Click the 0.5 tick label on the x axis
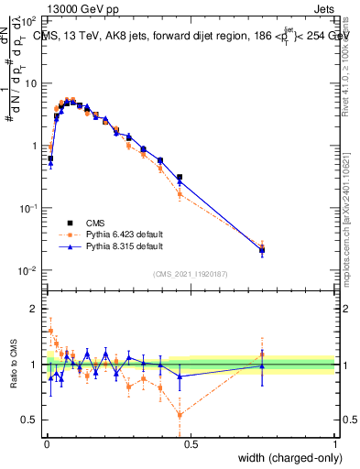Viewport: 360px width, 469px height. click(191, 444)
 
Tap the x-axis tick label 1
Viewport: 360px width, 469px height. click(335, 444)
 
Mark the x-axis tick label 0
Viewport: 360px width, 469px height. click(47, 444)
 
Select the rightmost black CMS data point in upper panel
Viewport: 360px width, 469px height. click(262, 249)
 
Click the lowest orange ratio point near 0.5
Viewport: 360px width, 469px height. click(180, 415)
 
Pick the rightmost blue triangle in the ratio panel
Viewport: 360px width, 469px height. click(262, 366)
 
